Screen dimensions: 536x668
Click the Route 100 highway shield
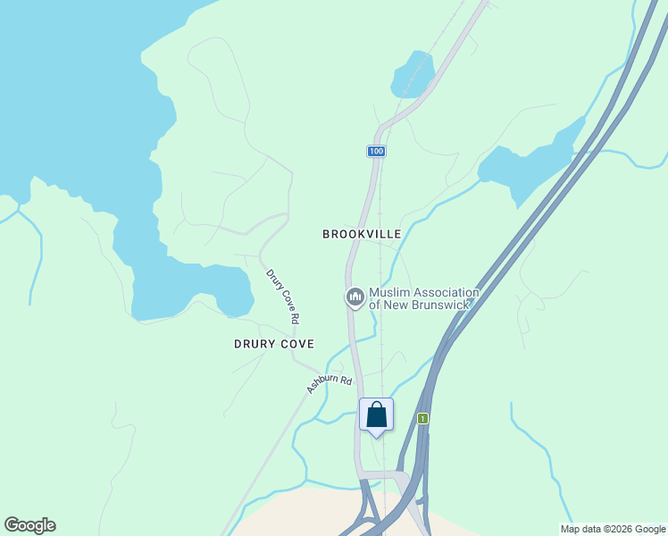(376, 152)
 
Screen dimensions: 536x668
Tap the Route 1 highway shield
(422, 418)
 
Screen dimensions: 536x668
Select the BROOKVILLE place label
(362, 234)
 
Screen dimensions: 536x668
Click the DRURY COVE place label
(274, 344)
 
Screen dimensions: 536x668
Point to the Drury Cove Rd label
(281, 296)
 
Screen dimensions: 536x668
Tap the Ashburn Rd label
(330, 380)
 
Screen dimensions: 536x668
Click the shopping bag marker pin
(376, 415)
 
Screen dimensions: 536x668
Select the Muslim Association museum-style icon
(355, 297)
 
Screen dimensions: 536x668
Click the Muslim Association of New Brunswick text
(423, 298)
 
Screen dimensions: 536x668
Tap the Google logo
(29, 525)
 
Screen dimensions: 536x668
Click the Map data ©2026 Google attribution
(613, 529)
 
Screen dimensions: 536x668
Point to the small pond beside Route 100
(413, 74)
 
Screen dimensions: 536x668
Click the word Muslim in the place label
(389, 292)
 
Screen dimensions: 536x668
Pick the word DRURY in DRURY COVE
(253, 344)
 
